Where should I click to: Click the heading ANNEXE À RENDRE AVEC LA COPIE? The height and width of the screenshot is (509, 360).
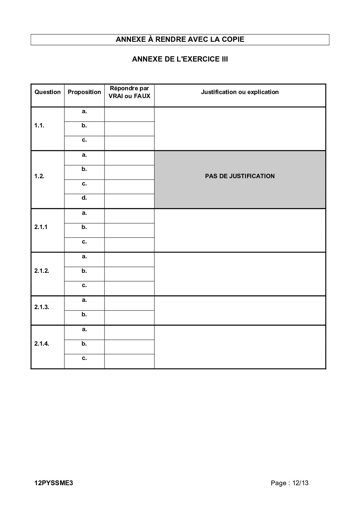click(180, 39)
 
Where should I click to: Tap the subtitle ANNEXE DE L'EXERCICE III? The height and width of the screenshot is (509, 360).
click(180, 59)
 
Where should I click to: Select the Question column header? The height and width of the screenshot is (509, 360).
click(48, 92)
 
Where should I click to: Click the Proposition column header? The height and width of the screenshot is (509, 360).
click(84, 92)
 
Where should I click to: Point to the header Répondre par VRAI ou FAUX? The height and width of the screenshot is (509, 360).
click(129, 92)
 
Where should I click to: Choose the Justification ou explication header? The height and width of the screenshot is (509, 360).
click(240, 92)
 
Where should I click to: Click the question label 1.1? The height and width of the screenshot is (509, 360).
click(39, 126)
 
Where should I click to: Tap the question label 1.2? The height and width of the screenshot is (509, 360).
click(39, 176)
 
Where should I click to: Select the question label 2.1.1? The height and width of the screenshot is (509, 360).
click(41, 227)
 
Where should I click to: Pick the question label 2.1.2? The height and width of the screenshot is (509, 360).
click(42, 271)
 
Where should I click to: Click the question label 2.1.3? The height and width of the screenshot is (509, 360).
click(42, 307)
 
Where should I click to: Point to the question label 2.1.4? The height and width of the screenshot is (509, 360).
click(42, 344)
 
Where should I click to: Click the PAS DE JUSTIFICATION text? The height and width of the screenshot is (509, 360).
click(240, 176)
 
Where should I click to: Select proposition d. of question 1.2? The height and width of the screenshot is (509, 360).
click(84, 198)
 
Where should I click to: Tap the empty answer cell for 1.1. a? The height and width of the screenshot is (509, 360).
click(129, 114)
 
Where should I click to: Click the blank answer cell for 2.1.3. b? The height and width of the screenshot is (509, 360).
click(129, 318)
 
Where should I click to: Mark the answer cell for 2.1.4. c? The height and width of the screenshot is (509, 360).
click(129, 361)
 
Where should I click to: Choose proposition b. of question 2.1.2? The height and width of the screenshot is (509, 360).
click(84, 271)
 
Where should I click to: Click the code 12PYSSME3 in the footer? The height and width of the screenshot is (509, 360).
click(54, 483)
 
